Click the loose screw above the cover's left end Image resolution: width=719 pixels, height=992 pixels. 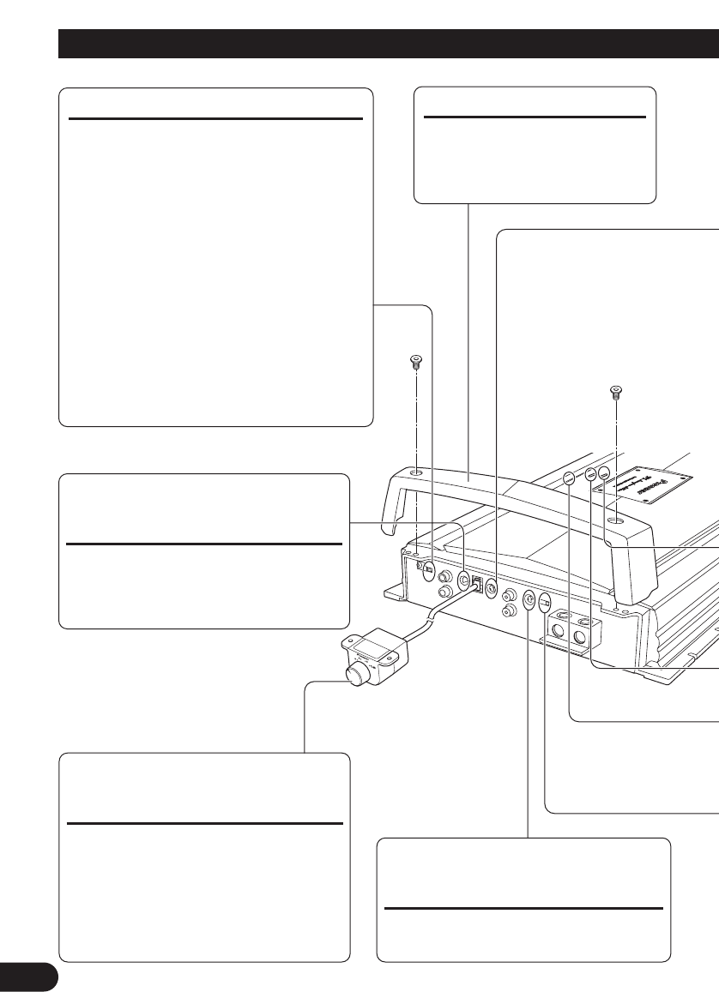click(415, 364)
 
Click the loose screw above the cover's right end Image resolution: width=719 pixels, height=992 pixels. click(614, 393)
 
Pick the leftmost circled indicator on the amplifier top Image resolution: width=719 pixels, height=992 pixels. click(569, 480)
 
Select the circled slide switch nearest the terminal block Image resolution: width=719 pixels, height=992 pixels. click(545, 603)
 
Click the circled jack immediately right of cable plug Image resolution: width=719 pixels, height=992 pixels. click(492, 588)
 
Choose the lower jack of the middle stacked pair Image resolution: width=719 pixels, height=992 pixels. click(510, 610)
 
